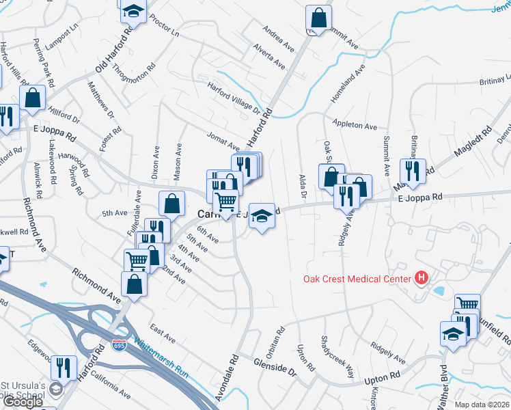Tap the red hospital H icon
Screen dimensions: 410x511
point(422,277)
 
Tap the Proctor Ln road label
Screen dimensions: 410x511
point(164,24)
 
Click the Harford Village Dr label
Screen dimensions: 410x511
point(235,97)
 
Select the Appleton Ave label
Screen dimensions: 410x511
point(355,126)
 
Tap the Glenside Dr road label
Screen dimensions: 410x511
point(275,368)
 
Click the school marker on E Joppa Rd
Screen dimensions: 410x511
point(260,216)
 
